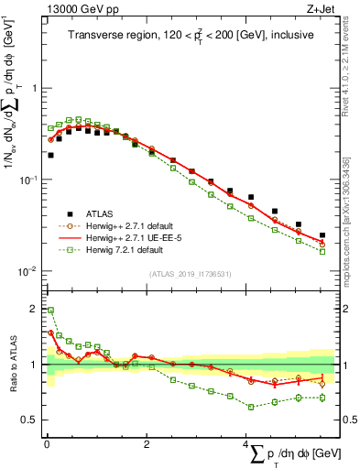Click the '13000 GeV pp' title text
coord(77,10)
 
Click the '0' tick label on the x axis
coord(47,445)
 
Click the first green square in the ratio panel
coord(50,311)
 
